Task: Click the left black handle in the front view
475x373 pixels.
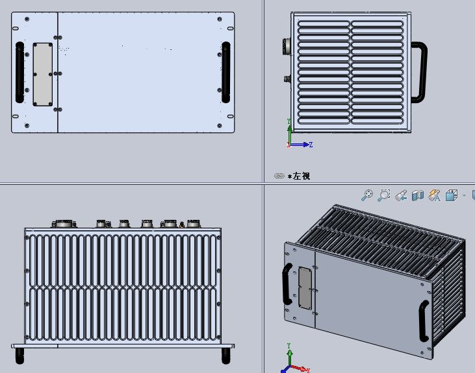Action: (x=19, y=72)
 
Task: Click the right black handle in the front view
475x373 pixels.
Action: (x=226, y=72)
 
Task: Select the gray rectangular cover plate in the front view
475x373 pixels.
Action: (x=43, y=75)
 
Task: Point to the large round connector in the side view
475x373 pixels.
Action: (x=287, y=47)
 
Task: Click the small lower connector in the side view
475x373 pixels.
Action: (x=287, y=79)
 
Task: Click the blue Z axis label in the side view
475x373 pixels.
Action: (x=311, y=145)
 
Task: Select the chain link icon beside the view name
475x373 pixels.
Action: (x=279, y=176)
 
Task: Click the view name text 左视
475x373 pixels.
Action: (x=302, y=176)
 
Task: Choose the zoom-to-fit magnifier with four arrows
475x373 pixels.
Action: (x=367, y=195)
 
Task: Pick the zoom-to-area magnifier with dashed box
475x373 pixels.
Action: (x=384, y=195)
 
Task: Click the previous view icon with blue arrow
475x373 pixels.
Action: (x=401, y=195)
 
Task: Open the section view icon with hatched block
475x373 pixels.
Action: (x=418, y=195)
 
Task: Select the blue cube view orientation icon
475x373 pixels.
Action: (x=452, y=195)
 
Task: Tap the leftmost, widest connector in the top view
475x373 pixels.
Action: (x=64, y=224)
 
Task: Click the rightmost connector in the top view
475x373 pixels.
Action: (x=193, y=224)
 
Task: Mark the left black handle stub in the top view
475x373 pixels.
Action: (x=19, y=355)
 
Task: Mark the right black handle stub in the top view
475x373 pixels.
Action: (x=226, y=355)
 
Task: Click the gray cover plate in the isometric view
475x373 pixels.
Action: (x=305, y=288)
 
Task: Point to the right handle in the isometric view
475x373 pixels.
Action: (x=424, y=320)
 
